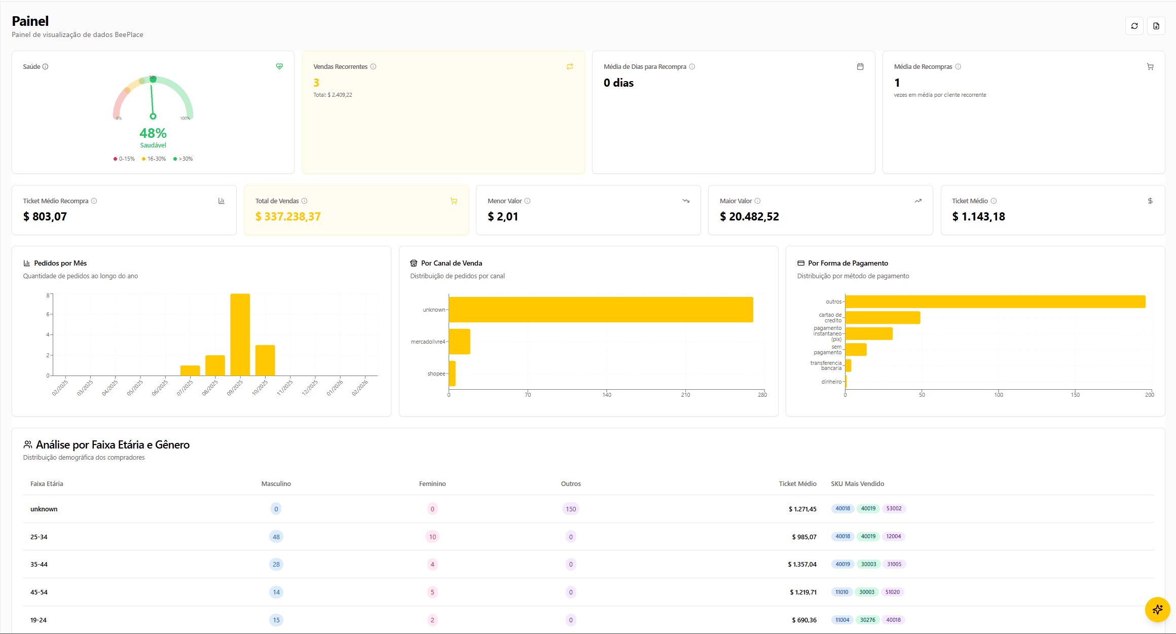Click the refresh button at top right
pyautogui.click(x=1134, y=26)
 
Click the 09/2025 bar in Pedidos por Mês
pyautogui.click(x=240, y=334)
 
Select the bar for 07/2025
pyautogui.click(x=190, y=370)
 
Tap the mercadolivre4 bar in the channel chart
pyautogui.click(x=459, y=342)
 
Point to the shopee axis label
pyautogui.click(x=436, y=374)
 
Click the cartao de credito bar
pyautogui.click(x=883, y=318)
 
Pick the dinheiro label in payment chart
pyautogui.click(x=831, y=382)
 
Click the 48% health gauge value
pyautogui.click(x=153, y=133)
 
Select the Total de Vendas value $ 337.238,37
pyautogui.click(x=288, y=217)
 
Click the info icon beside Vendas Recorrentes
pyautogui.click(x=373, y=67)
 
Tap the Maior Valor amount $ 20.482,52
pyautogui.click(x=749, y=217)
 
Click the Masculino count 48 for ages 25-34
pyautogui.click(x=276, y=537)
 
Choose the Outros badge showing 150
pyautogui.click(x=571, y=509)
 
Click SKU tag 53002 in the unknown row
pyautogui.click(x=894, y=508)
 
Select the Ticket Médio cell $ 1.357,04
pyautogui.click(x=802, y=565)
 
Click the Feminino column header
pyautogui.click(x=432, y=484)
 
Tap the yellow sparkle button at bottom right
pyautogui.click(x=1157, y=609)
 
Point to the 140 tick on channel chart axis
pyautogui.click(x=607, y=395)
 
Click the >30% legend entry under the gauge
pyautogui.click(x=183, y=159)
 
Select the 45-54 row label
pyautogui.click(x=39, y=592)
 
